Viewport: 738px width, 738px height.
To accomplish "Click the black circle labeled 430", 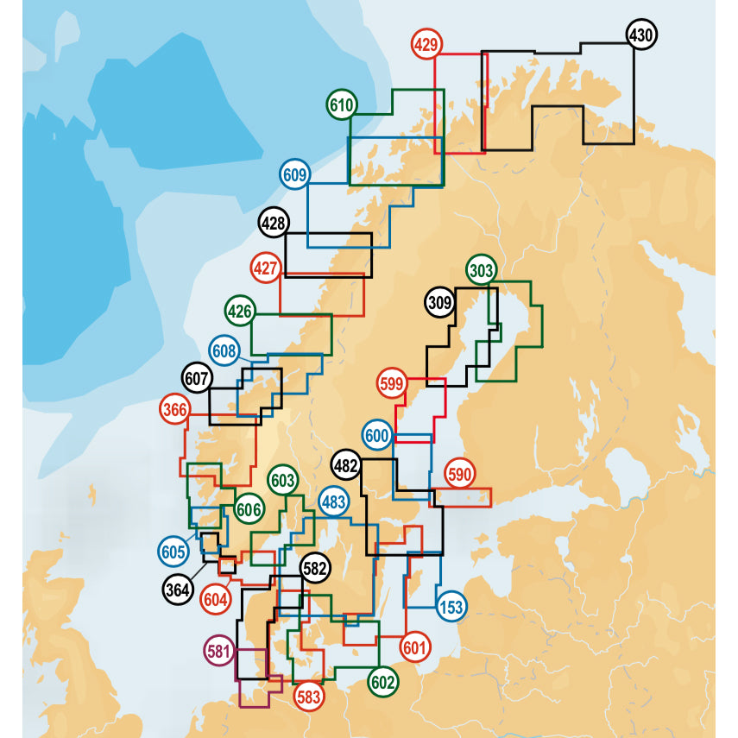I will tap(640, 35).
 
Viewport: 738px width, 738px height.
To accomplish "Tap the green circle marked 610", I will tap(342, 105).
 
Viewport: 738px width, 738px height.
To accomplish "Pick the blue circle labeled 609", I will tap(295, 174).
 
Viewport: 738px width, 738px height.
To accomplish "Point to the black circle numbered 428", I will tap(274, 223).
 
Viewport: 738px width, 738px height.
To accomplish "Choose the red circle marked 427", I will tap(266, 268).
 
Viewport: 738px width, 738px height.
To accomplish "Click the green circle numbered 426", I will tap(239, 310).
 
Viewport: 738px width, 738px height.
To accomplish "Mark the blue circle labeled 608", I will tap(224, 350).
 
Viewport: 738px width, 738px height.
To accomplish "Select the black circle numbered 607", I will tap(197, 378).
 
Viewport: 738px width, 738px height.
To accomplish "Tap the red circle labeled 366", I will tap(175, 410).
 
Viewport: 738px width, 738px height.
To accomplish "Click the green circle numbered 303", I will tap(481, 271).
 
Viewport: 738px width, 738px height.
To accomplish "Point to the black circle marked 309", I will tap(439, 302).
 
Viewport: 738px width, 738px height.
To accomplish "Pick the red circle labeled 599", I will tap(392, 382).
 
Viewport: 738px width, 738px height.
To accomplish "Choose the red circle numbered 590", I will tap(459, 474).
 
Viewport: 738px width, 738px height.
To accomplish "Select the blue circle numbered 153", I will tap(451, 606).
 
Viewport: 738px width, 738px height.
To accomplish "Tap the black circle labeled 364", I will tap(177, 590).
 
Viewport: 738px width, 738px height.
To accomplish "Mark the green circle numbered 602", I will tap(383, 681).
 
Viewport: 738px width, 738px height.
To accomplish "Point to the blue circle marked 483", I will tap(334, 501).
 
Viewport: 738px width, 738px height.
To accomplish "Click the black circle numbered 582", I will tap(315, 569).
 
